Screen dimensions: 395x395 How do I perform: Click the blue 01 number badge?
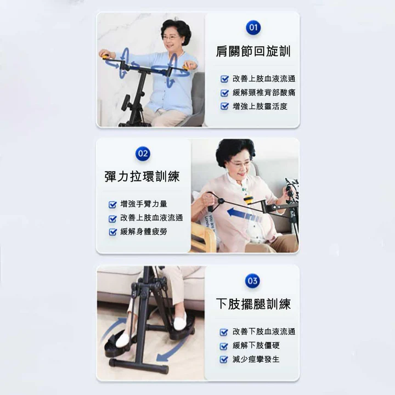click(x=253, y=27)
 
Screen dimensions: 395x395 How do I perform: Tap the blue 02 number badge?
click(x=143, y=154)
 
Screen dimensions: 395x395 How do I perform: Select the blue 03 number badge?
click(x=252, y=281)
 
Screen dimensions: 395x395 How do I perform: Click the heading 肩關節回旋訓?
click(x=253, y=52)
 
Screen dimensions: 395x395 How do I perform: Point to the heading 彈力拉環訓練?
click(x=142, y=176)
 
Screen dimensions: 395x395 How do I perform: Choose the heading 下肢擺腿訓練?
click(x=253, y=304)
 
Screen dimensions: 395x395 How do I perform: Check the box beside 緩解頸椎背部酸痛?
click(x=224, y=93)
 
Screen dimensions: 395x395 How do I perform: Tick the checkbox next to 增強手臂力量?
click(x=112, y=204)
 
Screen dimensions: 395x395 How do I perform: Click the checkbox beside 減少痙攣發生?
click(x=224, y=359)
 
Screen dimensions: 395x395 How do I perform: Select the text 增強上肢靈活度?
click(x=260, y=106)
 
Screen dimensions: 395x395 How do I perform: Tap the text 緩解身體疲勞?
click(x=144, y=232)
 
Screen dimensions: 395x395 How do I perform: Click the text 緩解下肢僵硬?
click(x=256, y=346)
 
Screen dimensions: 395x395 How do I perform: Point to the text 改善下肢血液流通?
click(x=264, y=331)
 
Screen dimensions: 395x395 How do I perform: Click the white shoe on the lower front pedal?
click(x=126, y=339)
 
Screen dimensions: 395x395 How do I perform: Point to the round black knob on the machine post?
click(x=126, y=102)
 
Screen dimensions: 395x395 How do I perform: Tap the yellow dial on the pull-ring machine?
click(x=249, y=201)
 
